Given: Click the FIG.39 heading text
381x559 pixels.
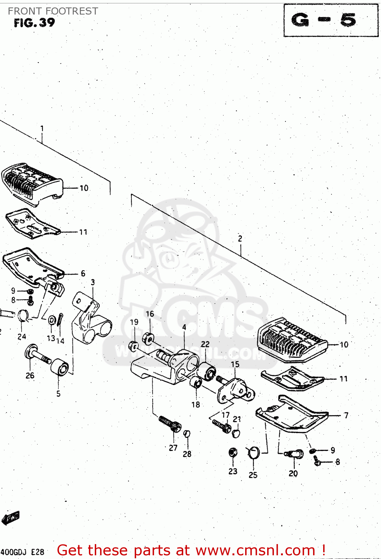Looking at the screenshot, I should tap(34, 23).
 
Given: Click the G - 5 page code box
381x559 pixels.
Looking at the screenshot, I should tap(331, 20).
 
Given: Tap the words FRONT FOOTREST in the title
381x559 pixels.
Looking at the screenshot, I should tap(53, 11).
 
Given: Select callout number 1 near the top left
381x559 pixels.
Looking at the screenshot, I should tap(42, 129).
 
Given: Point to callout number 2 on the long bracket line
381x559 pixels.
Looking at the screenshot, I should tap(240, 239).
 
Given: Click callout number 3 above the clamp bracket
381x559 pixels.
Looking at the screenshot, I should tap(93, 282).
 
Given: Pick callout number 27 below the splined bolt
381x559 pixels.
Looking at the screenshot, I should tap(173, 448).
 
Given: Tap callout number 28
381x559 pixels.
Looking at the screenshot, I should tap(187, 454).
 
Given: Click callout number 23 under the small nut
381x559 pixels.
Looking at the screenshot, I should tap(233, 471).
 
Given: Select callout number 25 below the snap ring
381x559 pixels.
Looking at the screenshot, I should tap(253, 475).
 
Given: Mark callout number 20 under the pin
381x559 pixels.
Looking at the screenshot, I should tap(293, 473).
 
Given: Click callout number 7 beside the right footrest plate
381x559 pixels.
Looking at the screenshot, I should tap(346, 415).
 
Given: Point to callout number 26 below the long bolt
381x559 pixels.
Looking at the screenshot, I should tap(30, 376).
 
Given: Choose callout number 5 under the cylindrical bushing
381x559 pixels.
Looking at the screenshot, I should tap(58, 394).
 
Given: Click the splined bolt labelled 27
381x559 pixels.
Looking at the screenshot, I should tap(170, 424).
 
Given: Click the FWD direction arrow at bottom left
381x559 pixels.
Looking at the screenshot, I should tap(10, 518).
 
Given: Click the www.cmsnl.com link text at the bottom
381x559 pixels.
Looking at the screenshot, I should tap(255, 550).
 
